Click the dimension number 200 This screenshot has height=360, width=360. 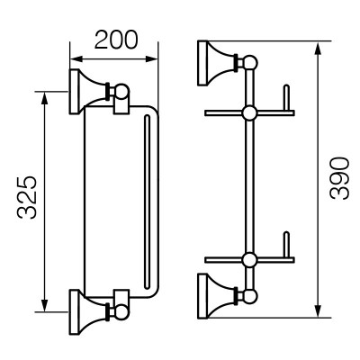click(116, 40)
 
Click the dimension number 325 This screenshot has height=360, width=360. click(27, 198)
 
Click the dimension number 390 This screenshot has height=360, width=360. click(339, 179)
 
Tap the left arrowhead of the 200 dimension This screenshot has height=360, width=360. click(76, 58)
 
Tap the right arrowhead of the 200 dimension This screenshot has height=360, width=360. click(152, 58)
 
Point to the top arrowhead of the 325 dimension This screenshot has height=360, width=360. click(44, 98)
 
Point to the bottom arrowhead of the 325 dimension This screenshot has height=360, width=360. click(44, 305)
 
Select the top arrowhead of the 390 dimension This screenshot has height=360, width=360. click(319, 48)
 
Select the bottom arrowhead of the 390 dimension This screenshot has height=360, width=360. click(319, 310)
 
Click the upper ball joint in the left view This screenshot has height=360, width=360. click(121, 92)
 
